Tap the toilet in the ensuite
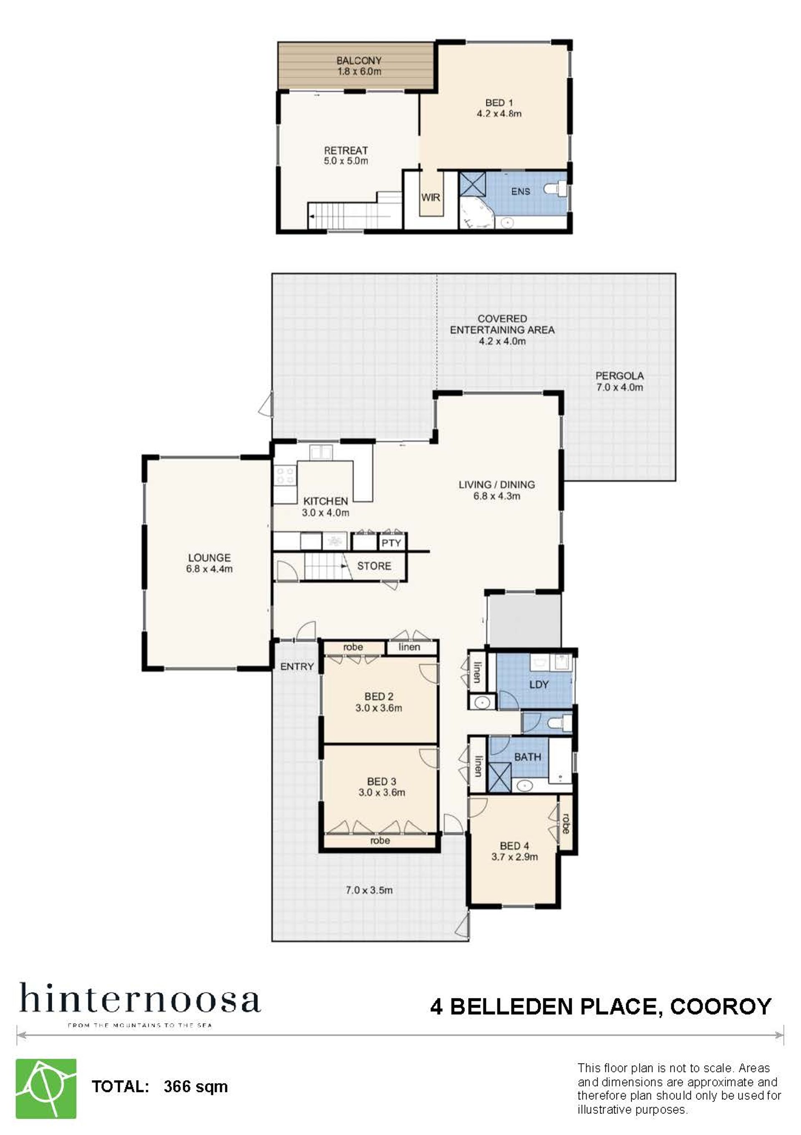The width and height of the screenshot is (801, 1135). pyautogui.click(x=556, y=189)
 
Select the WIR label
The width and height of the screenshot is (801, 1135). pyautogui.click(x=430, y=197)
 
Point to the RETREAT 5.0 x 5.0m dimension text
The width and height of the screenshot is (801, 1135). pyautogui.click(x=346, y=161)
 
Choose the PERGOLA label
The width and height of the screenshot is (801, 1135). pyautogui.click(x=619, y=376)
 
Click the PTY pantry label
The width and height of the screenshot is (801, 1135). pyautogui.click(x=391, y=543)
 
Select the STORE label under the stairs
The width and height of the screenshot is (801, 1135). pyautogui.click(x=374, y=566)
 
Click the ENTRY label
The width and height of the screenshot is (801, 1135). pyautogui.click(x=297, y=666)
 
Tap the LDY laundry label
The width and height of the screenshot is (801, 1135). pyautogui.click(x=538, y=685)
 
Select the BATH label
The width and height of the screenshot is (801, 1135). pyautogui.click(x=527, y=757)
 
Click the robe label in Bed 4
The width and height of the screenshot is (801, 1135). pyautogui.click(x=565, y=823)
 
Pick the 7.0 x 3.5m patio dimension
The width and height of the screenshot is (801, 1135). pyautogui.click(x=369, y=890)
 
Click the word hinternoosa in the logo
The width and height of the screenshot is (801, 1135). pyautogui.click(x=140, y=998)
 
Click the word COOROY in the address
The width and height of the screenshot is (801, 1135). pyautogui.click(x=720, y=1007)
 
